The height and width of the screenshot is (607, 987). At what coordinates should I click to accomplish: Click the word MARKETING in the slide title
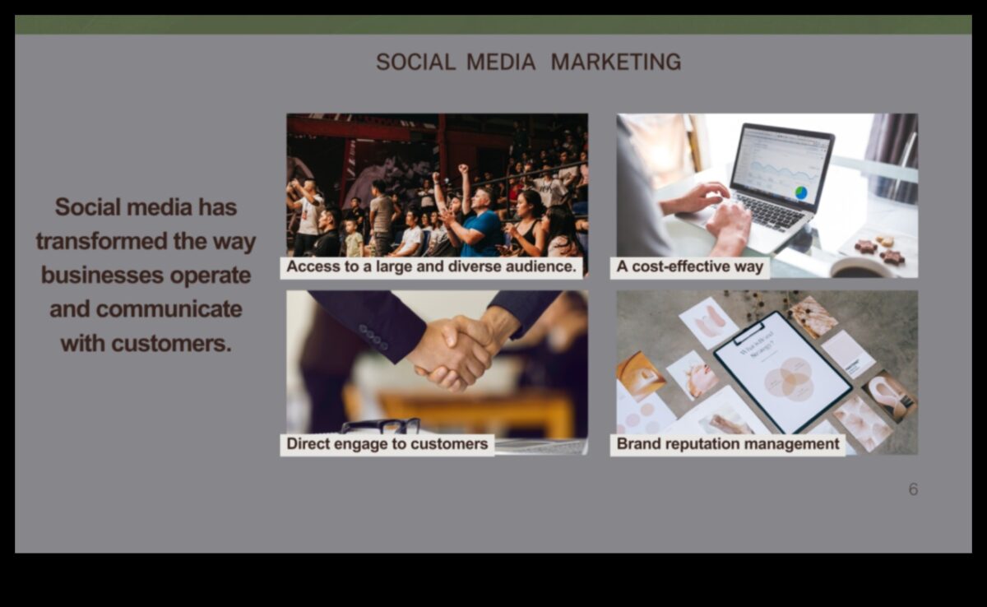click(x=615, y=62)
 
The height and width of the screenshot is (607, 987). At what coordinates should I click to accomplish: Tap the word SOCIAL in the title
click(x=415, y=62)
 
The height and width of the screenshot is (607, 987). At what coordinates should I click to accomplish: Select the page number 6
click(x=913, y=489)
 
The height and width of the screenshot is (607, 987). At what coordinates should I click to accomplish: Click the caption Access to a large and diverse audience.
click(x=433, y=267)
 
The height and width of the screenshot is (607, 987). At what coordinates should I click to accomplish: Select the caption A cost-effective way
click(x=689, y=267)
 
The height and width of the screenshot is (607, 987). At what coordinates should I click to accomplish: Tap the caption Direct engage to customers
click(x=387, y=444)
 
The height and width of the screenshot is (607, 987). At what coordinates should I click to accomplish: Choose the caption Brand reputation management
click(x=728, y=444)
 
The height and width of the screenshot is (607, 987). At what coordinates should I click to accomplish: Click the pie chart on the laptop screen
click(x=800, y=192)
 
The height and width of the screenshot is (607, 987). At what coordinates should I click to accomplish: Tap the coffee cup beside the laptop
click(x=855, y=267)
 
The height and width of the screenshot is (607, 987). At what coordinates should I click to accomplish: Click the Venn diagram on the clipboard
click(x=788, y=378)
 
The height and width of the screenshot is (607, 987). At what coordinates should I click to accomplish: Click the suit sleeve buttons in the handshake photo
click(x=373, y=336)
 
